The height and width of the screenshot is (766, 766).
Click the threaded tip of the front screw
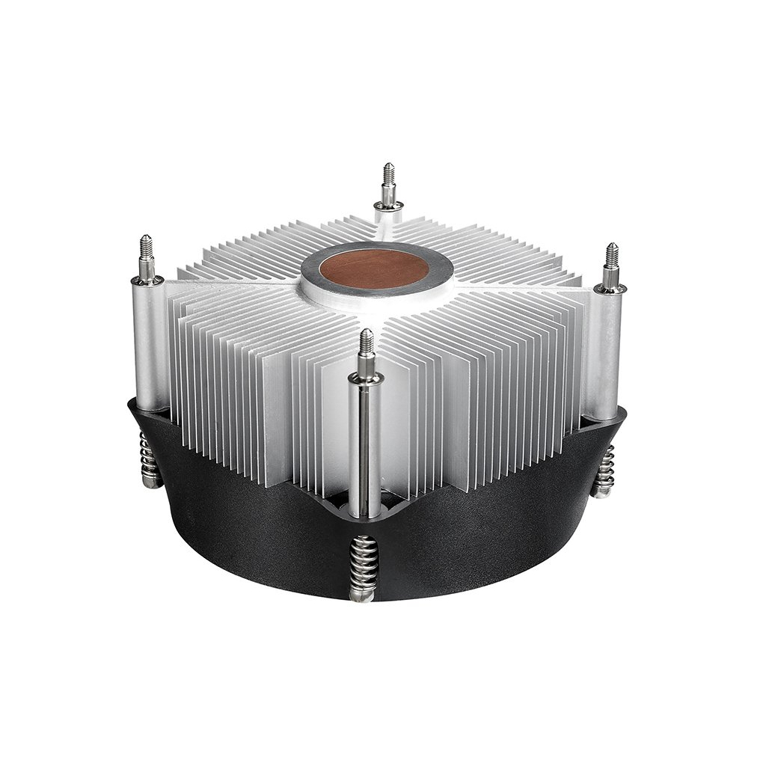click(x=366, y=342)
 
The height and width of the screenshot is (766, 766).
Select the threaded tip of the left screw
click(x=146, y=247)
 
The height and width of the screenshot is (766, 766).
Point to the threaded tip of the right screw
click(x=612, y=254)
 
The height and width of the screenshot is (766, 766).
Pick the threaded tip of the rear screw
click(x=388, y=174)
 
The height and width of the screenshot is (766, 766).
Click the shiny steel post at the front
click(x=365, y=449)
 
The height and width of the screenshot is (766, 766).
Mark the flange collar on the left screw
click(x=147, y=281)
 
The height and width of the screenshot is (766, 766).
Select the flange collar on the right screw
click(x=610, y=288)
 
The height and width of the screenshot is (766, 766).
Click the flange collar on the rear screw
click(x=388, y=206)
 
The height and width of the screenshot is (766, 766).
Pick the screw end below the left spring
click(x=151, y=482)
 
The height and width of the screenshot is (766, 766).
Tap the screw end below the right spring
click(x=600, y=492)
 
